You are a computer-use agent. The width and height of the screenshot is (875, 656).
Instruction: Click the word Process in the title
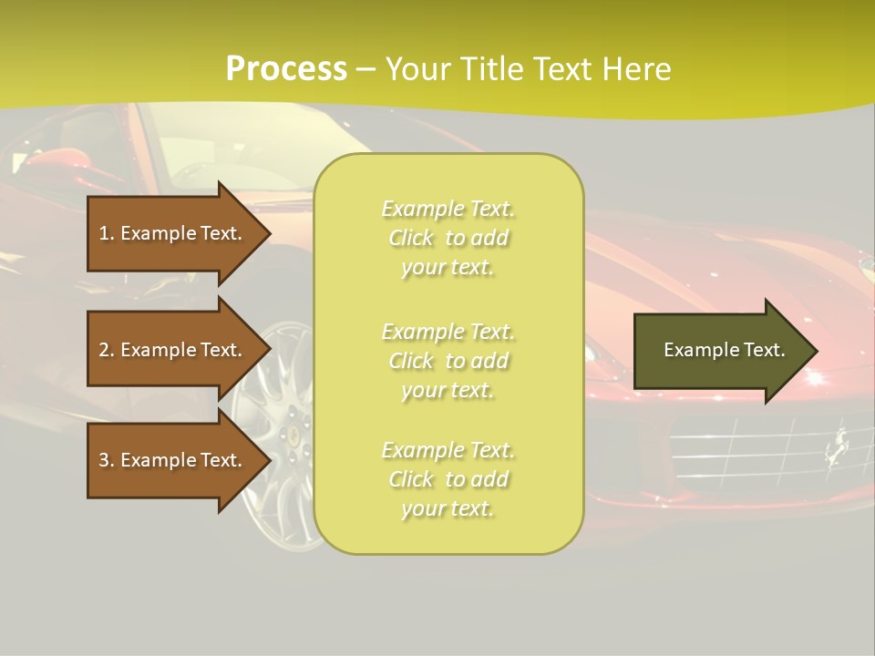[286, 69]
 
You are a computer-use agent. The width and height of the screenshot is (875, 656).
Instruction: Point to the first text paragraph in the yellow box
[448, 238]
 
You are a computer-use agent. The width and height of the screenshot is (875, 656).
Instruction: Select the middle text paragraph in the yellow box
[448, 361]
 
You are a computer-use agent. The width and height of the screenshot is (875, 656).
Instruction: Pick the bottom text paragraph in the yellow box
[448, 479]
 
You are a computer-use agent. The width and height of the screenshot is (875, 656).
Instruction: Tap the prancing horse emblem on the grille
[835, 444]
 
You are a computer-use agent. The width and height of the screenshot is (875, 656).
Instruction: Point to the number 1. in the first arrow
[107, 233]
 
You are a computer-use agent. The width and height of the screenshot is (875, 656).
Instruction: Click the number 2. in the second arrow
[107, 350]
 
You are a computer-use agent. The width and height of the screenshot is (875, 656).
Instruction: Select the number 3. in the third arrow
[107, 460]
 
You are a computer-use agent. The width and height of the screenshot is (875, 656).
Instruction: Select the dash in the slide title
[366, 70]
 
